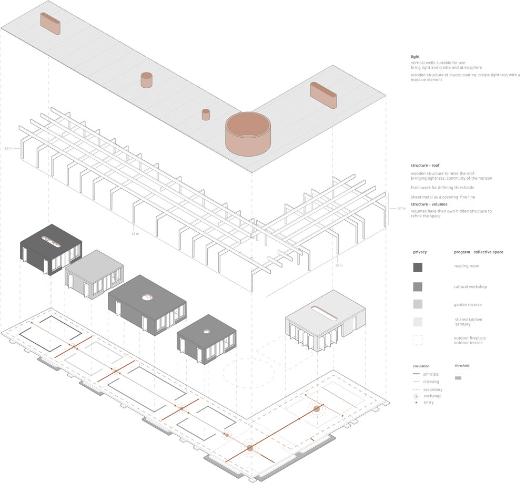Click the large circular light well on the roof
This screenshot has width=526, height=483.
[x=248, y=134]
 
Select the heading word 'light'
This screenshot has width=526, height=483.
[x=416, y=57]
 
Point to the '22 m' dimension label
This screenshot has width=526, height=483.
[x=339, y=265]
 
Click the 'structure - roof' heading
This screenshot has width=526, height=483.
[x=429, y=166]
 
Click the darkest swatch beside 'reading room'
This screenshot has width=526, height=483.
[x=418, y=267]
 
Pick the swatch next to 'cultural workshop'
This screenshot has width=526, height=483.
[x=418, y=286]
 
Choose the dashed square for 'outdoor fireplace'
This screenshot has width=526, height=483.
[x=418, y=340]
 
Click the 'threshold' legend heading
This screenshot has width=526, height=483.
[x=462, y=365]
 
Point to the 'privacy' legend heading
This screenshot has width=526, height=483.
[x=419, y=252]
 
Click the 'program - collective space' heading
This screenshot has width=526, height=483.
[x=478, y=252]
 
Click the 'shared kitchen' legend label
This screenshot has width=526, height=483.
[x=468, y=320]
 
